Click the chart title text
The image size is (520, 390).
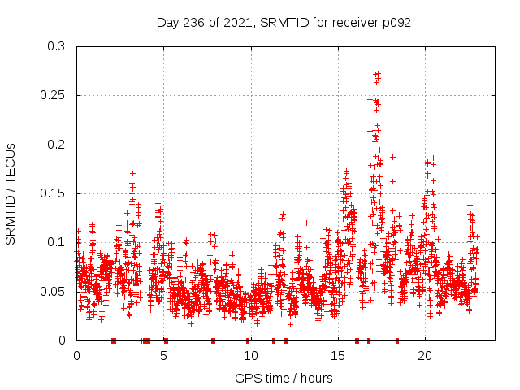click(x=284, y=22)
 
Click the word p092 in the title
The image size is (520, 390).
click(x=396, y=22)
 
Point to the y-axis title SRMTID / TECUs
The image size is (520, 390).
click(x=11, y=193)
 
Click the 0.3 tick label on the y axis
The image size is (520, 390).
click(x=56, y=46)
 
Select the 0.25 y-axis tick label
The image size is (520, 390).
click(x=53, y=95)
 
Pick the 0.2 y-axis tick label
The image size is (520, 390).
click(x=56, y=145)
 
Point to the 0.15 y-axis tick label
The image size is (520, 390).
click(x=53, y=193)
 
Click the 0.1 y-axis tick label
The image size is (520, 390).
click(x=56, y=242)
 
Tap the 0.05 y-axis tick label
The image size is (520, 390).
click(x=53, y=291)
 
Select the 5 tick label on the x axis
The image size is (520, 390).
click(x=164, y=356)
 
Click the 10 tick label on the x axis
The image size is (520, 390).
click(x=251, y=356)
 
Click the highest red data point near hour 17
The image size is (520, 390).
click(x=377, y=73)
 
